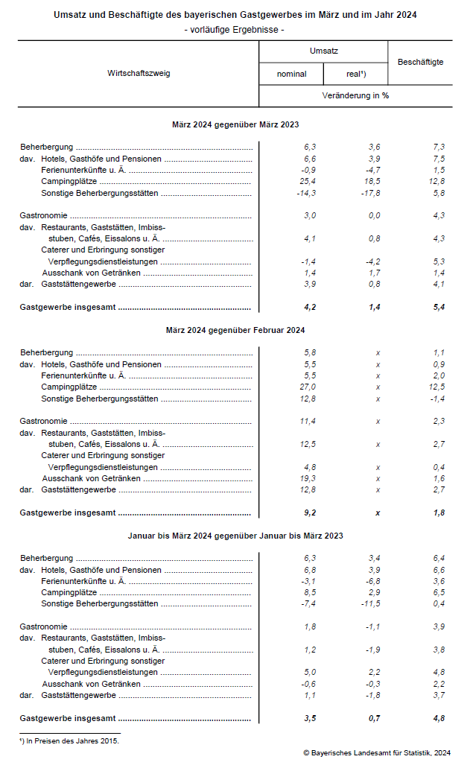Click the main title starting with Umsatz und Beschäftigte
coord(235,15)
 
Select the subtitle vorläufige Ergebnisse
coord(235,29)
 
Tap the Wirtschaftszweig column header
coord(138,74)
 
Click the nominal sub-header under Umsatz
coord(291,74)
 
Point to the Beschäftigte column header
coord(420,62)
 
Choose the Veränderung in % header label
coord(355,96)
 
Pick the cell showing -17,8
coord(369,193)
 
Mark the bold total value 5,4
coord(439,307)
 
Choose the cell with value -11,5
coord(369,603)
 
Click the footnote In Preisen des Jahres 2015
coord(69,740)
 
